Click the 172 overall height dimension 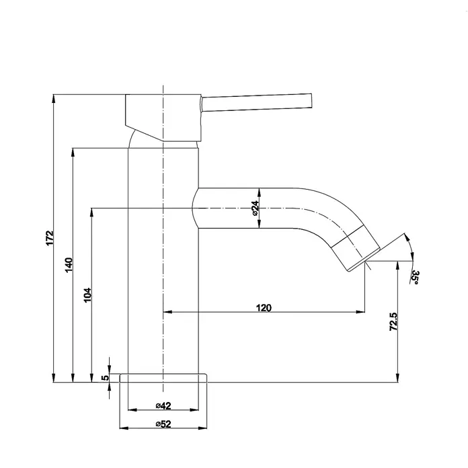click(50, 238)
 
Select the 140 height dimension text click(69, 265)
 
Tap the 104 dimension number click(87, 295)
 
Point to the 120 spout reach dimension click(264, 308)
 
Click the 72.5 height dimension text click(393, 321)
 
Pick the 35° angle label click(415, 277)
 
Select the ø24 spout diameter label click(255, 208)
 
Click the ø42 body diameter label click(163, 405)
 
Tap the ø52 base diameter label click(163, 424)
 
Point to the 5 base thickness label click(105, 378)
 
